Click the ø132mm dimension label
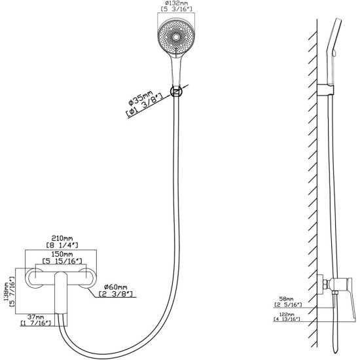pyautogui.click(x=176, y=3)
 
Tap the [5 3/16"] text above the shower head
pyautogui.click(x=176, y=9)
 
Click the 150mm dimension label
pyautogui.click(x=62, y=255)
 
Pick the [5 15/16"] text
pyautogui.click(x=62, y=261)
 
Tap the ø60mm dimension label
pyautogui.click(x=115, y=287)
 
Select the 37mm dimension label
pyautogui.click(x=36, y=317)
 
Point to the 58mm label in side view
pyautogui.click(x=286, y=299)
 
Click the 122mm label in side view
pyautogui.click(x=287, y=314)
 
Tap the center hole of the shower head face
pyautogui.click(x=176, y=37)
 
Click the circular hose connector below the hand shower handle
pyautogui.click(x=176, y=92)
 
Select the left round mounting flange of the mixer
pyautogui.click(x=34, y=278)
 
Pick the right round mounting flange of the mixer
pyautogui.click(x=88, y=278)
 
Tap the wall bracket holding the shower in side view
pyautogui.click(x=325, y=90)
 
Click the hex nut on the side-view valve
pyautogui.click(x=326, y=284)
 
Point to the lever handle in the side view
pyautogui.click(x=351, y=298)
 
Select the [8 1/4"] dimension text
pyautogui.click(x=62, y=245)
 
